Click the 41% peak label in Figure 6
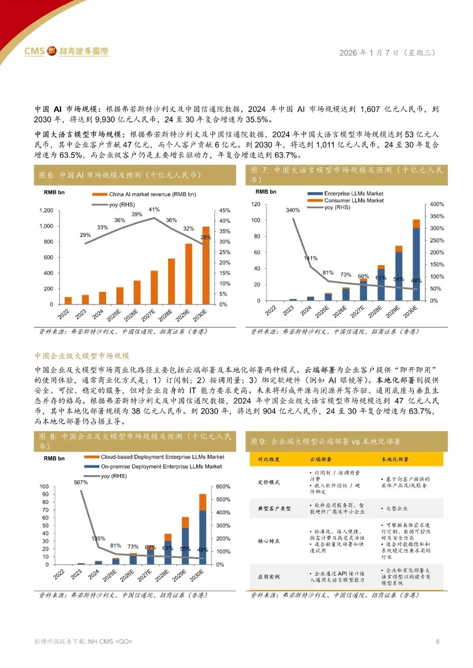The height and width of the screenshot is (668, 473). click(154, 210)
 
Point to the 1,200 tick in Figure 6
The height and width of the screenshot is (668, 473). click(46, 211)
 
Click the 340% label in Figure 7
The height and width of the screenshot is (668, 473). click(293, 210)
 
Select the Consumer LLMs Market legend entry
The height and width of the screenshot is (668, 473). click(353, 200)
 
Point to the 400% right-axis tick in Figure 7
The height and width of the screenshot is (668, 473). click(437, 204)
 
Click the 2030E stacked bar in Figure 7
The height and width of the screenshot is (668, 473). click(416, 260)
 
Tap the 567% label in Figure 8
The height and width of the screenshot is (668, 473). click(81, 482)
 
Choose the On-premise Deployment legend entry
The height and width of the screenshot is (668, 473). click(161, 467)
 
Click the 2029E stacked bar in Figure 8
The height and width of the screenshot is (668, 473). click(185, 541)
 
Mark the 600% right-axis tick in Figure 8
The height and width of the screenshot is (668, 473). click(223, 487)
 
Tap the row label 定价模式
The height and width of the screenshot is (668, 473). click(268, 482)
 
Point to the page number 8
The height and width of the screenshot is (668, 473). click(437, 642)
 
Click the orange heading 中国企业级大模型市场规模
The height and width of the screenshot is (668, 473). click(82, 356)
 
